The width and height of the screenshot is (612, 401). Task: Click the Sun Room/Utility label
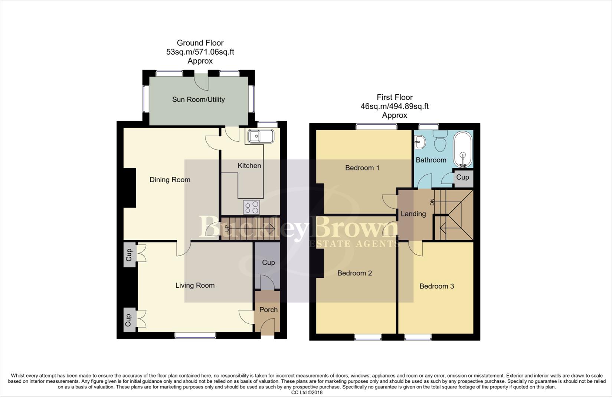[x=198, y=100]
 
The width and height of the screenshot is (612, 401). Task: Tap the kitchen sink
[x=261, y=136]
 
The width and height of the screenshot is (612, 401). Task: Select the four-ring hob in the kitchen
[x=252, y=207]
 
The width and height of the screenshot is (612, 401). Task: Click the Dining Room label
[x=170, y=180]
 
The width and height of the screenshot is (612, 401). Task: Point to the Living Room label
[x=195, y=286]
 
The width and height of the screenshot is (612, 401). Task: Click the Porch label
[x=268, y=310]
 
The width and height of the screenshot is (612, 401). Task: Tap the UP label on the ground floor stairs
[x=227, y=228]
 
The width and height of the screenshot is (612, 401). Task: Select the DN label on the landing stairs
[x=432, y=202]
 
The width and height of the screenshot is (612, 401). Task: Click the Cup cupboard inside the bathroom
[x=462, y=177]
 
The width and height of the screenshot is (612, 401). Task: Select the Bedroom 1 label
[x=362, y=168]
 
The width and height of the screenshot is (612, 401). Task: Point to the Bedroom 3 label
[x=436, y=286]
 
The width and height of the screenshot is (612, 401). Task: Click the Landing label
[x=413, y=214]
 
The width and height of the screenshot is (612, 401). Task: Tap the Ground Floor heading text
[x=200, y=43]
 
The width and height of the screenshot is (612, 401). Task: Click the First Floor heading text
[x=395, y=97]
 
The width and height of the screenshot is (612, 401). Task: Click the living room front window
[x=195, y=335]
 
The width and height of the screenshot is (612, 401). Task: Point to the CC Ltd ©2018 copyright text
[x=307, y=392]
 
